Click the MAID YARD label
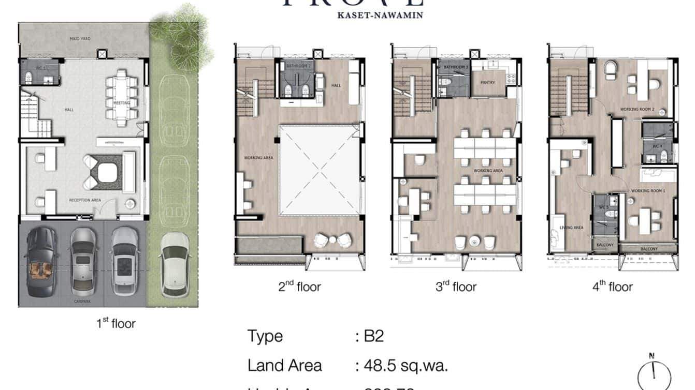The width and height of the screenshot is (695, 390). pyautogui.click(x=80, y=39)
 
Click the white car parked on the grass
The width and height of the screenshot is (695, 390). pyautogui.click(x=175, y=264)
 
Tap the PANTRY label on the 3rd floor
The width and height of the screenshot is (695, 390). pyautogui.click(x=487, y=82)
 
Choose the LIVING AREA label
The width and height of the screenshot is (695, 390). pyautogui.click(x=571, y=228)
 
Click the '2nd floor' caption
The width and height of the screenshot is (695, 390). pyautogui.click(x=299, y=287)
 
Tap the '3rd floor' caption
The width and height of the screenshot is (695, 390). pyautogui.click(x=456, y=287)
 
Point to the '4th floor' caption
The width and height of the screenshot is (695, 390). pyautogui.click(x=612, y=287)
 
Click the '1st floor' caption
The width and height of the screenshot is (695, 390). pyautogui.click(x=116, y=324)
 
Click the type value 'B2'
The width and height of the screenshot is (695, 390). pyautogui.click(x=373, y=336)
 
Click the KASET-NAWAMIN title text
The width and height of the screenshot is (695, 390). pyautogui.click(x=380, y=15)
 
